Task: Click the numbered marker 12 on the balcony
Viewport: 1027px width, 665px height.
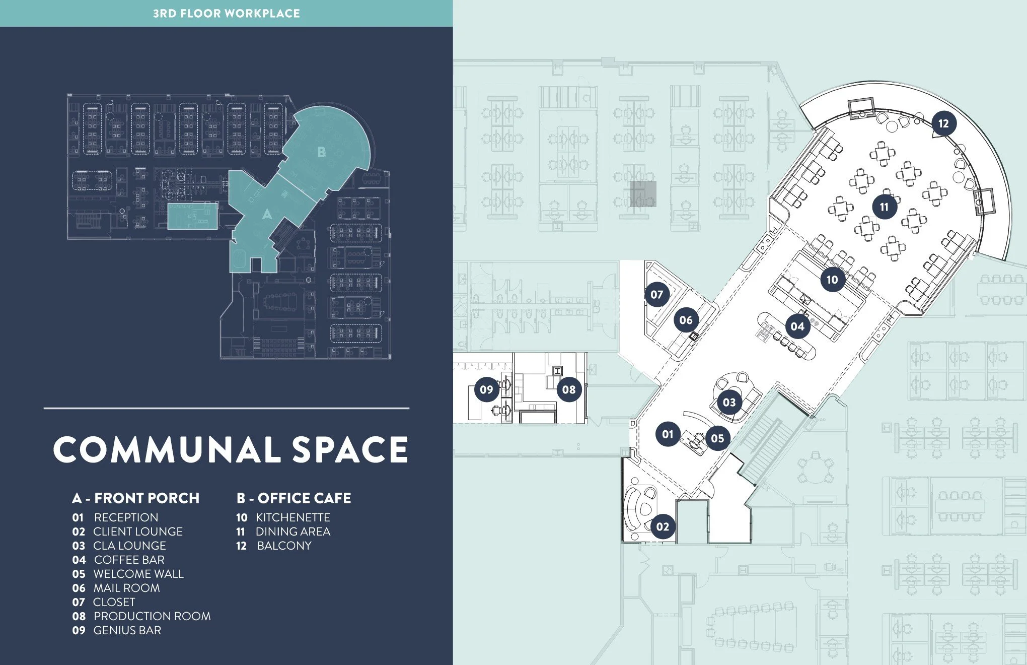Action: pos(943,123)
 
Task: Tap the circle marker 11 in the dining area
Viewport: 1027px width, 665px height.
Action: pos(884,207)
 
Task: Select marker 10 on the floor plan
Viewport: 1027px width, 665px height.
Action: pos(832,280)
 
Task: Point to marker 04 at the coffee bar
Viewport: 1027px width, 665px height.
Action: pos(797,326)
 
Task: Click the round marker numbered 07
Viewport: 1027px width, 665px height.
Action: pos(657,295)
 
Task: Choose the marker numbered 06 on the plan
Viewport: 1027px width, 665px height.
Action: pos(686,320)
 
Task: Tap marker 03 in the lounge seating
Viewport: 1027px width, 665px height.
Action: pos(729,402)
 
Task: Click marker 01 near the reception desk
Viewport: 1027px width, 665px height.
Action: pos(668,434)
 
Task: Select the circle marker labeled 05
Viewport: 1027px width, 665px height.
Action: pos(717,438)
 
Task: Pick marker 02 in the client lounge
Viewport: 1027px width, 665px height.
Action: pos(663,527)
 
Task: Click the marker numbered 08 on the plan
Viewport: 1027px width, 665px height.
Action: pos(569,389)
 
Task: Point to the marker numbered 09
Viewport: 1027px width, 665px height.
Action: pos(486,389)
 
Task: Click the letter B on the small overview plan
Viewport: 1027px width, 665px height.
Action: pos(322,152)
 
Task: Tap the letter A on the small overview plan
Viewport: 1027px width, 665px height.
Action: pos(267,215)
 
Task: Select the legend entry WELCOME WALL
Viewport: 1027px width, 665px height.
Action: pos(138,574)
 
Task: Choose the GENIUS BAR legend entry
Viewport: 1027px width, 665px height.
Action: pos(127,630)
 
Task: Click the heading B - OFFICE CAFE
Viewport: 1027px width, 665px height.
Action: pos(294,498)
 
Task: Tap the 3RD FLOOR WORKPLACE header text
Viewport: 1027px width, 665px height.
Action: pos(227,14)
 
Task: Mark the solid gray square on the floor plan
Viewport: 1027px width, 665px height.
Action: pos(643,194)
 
